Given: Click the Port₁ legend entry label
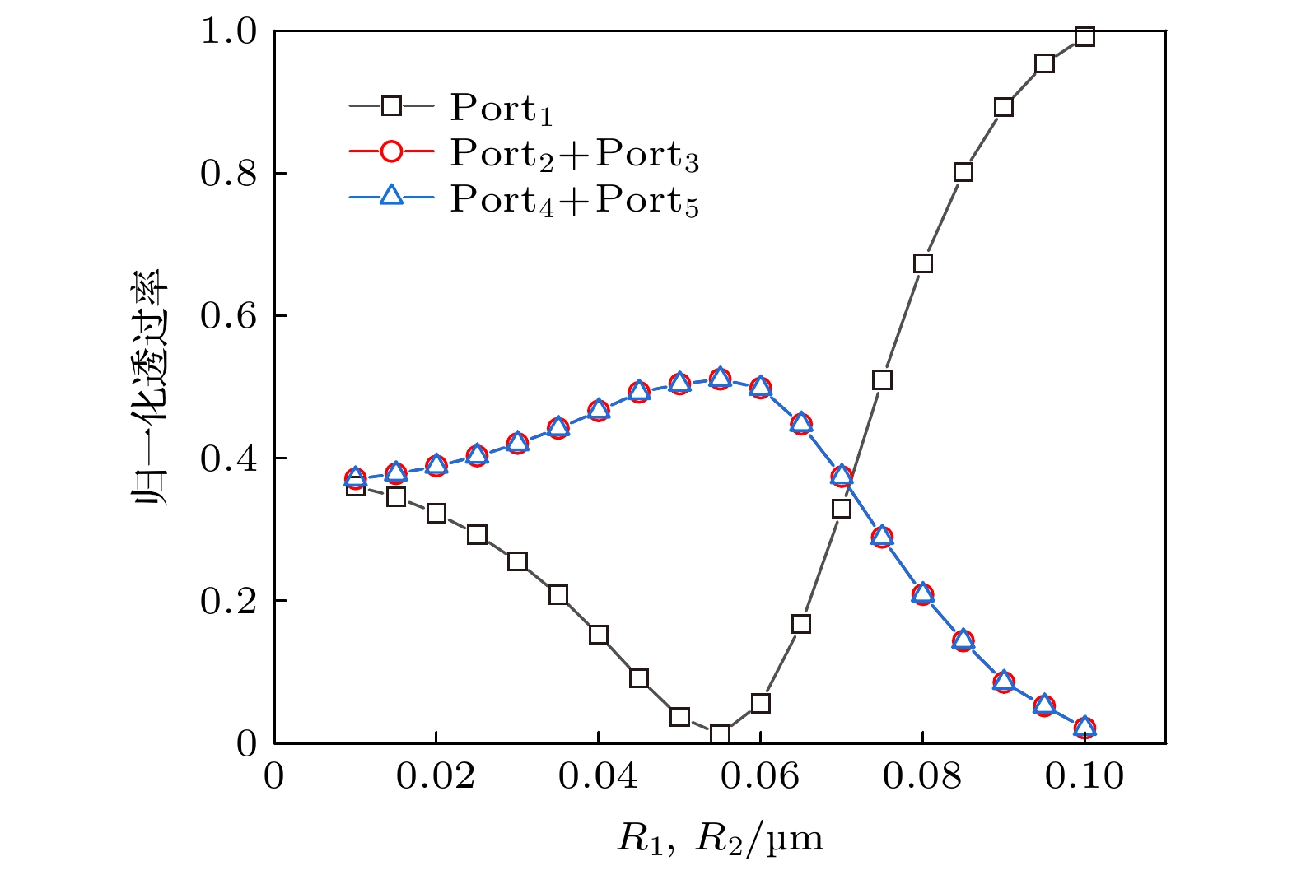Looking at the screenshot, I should click(x=501, y=108).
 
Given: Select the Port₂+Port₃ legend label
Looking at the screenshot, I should click(x=574, y=154).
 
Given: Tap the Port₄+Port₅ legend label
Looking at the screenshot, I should click(x=574, y=200).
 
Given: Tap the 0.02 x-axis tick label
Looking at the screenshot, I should click(x=436, y=776).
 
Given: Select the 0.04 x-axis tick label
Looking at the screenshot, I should click(x=598, y=776).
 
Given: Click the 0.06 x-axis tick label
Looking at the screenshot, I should click(x=760, y=776).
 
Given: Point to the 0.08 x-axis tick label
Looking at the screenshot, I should click(x=922, y=776).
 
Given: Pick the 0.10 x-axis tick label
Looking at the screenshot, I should click(x=1085, y=776).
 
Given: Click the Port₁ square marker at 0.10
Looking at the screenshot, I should click(x=1085, y=37).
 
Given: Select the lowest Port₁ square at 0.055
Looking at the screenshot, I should click(x=720, y=733).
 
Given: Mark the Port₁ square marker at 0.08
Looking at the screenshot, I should click(x=922, y=263).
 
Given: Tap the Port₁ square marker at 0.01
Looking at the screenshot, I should click(x=355, y=487).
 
